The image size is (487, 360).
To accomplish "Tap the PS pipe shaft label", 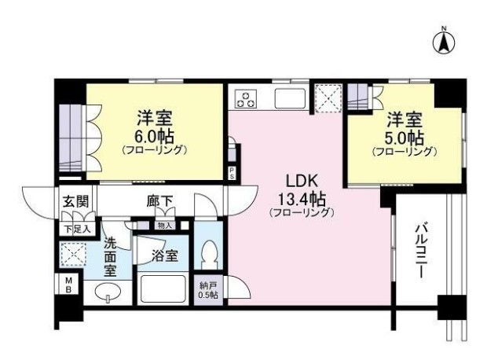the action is click(x=232, y=173).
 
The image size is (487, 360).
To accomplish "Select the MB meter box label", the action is click(x=68, y=285).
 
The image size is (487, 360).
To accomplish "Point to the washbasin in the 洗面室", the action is click(x=108, y=293).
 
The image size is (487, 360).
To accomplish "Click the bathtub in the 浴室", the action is click(x=163, y=288).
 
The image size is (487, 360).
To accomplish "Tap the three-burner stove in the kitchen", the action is click(x=246, y=98).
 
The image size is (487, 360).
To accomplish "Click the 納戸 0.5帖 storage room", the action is click(x=208, y=291).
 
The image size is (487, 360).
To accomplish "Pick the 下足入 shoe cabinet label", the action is click(x=77, y=230).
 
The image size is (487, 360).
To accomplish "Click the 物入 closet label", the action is click(x=165, y=226).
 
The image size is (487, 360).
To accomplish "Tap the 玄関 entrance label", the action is click(x=76, y=202).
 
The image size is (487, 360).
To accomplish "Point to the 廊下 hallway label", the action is click(x=159, y=202).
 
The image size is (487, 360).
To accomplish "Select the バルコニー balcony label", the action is click(x=422, y=252).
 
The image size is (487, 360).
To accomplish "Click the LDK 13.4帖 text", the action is click(x=302, y=196).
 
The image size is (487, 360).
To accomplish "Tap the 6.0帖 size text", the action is click(x=154, y=135).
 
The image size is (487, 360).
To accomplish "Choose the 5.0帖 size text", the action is click(x=404, y=138).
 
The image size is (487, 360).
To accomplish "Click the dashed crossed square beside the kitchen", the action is click(x=328, y=98).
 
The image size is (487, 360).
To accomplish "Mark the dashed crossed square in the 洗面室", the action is click(x=73, y=254).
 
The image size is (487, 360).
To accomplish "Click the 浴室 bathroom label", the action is click(x=165, y=255).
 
